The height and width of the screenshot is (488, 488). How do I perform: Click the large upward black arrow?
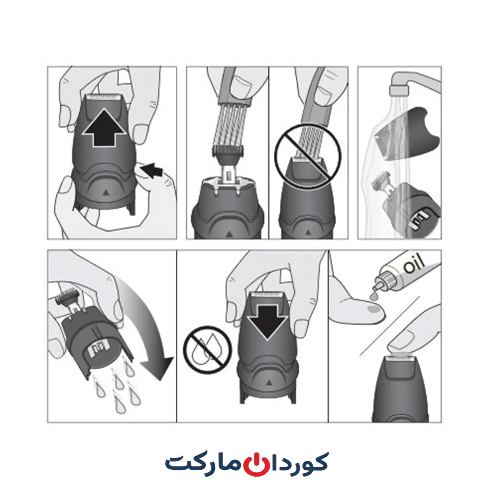(x=105, y=129)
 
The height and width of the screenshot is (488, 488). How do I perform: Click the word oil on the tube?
(x=414, y=264)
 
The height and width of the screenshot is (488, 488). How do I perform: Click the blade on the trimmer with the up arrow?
(x=103, y=97)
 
